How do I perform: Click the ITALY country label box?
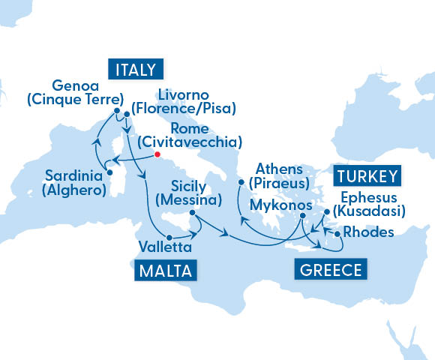[136, 70]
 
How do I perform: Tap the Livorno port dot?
[127, 115]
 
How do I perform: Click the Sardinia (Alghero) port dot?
[109, 172]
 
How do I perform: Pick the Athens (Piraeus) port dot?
[241, 181]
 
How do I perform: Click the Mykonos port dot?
[301, 216]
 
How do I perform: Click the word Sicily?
[189, 186]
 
